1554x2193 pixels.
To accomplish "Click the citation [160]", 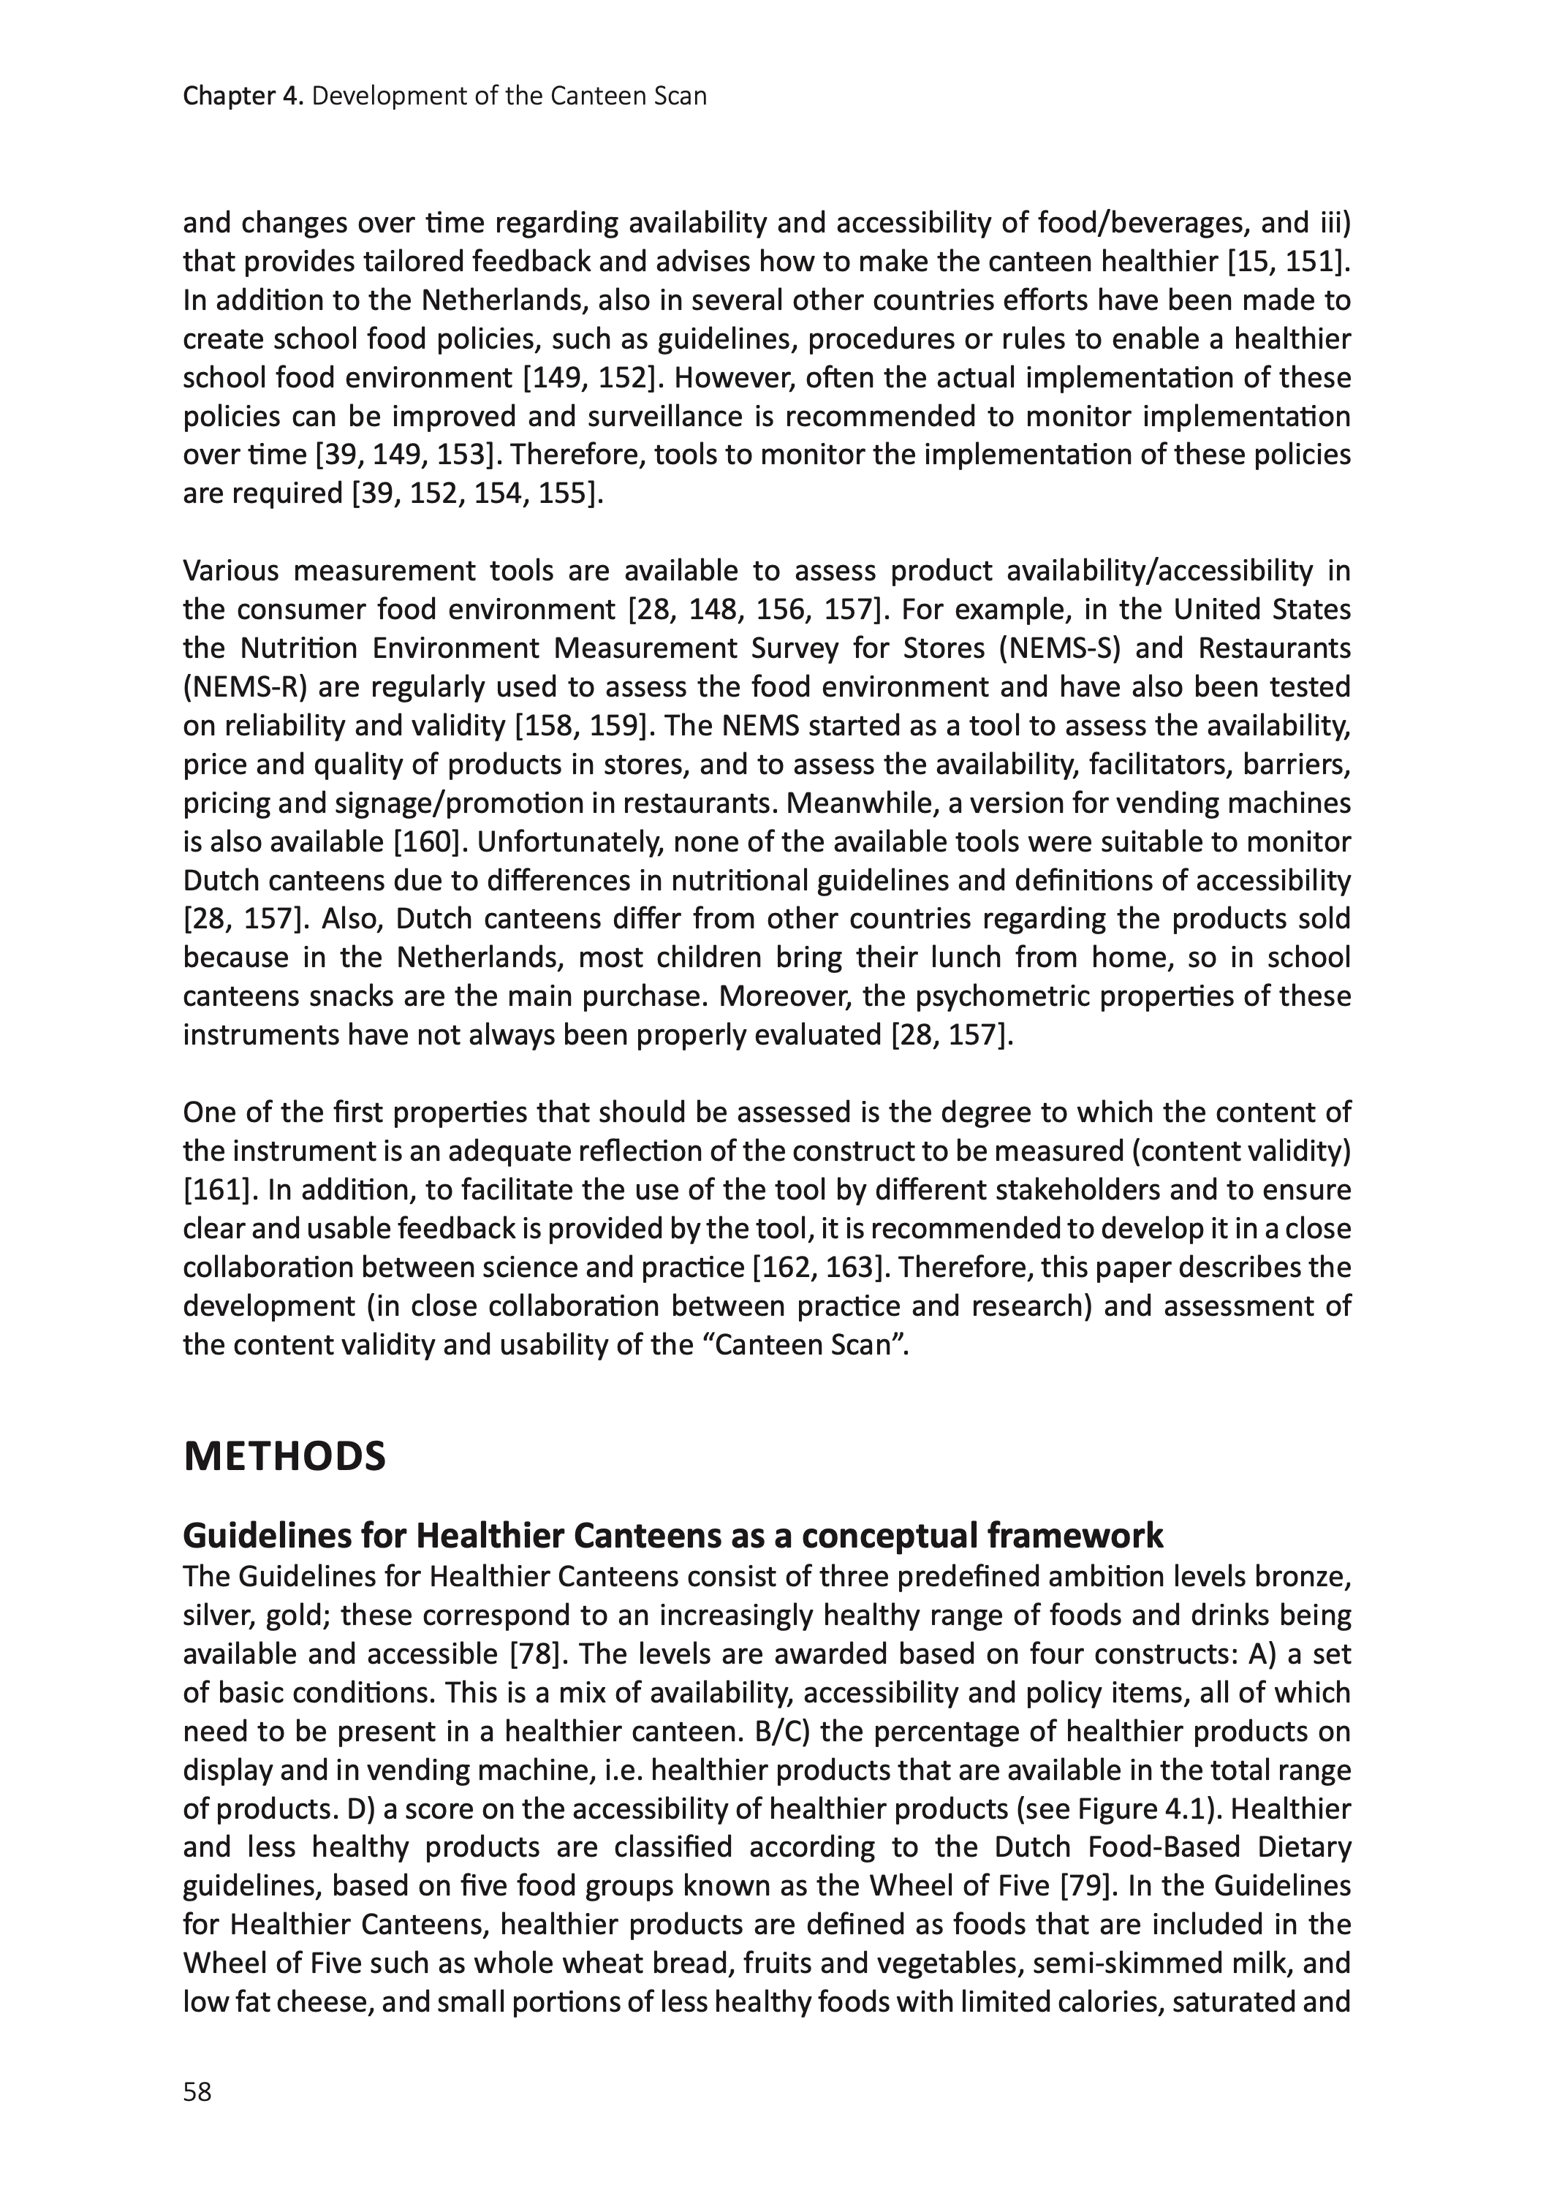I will (x=430, y=842).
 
